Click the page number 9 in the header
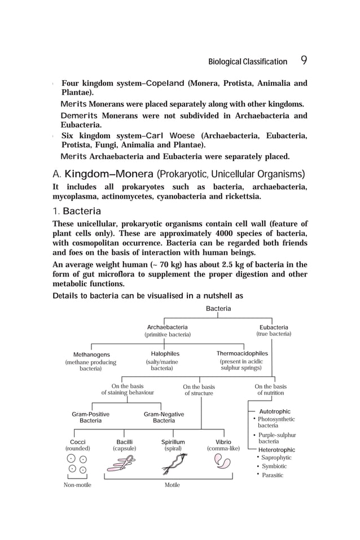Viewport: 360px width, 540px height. (304, 61)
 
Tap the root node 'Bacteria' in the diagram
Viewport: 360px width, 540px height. (218, 309)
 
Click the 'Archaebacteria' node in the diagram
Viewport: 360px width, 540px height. (167, 327)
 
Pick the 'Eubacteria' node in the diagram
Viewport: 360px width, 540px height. (274, 327)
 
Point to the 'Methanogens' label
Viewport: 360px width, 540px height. (91, 354)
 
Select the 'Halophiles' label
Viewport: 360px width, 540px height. (161, 354)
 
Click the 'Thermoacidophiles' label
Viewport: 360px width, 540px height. (242, 354)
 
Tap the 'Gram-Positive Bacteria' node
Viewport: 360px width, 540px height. (90, 418)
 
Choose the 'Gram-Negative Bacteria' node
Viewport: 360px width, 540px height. (164, 418)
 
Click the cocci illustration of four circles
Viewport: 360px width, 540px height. (78, 464)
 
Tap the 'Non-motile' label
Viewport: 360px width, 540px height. (77, 485)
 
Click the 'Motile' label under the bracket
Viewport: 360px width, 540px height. (172, 485)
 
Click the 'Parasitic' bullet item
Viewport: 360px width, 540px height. (273, 475)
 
